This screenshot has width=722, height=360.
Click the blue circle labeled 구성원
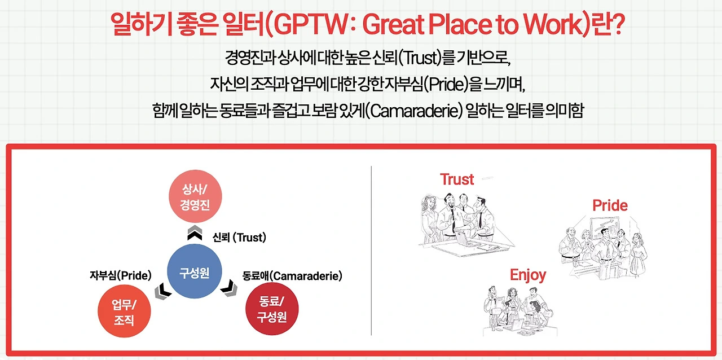[195, 271]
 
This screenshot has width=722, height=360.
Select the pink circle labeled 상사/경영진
[195, 196]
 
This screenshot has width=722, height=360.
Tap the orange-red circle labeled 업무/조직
[124, 311]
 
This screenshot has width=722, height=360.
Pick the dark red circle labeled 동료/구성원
[272, 309]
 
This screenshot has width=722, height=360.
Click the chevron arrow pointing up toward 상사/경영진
[195, 233]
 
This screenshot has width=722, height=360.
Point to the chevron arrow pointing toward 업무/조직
[163, 291]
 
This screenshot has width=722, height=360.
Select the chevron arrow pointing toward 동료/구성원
[229, 288]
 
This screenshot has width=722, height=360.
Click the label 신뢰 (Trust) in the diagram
[239, 238]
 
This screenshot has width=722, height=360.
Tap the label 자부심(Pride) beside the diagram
[121, 275]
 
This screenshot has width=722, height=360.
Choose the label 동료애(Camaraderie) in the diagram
[292, 276]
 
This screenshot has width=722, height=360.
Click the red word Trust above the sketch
[457, 179]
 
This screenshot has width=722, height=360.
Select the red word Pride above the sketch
[610, 205]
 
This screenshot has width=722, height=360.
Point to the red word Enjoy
[528, 275]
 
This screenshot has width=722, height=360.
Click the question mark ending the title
[618, 24]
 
